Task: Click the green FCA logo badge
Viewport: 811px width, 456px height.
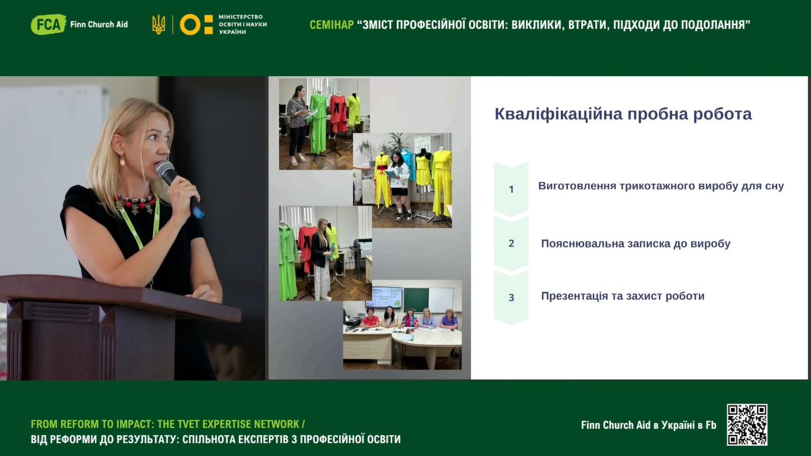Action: (x=48, y=24)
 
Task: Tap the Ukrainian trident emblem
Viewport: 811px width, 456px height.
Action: (x=159, y=24)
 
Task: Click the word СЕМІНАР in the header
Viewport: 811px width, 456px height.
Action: (x=332, y=25)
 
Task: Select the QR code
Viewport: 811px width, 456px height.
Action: (x=747, y=424)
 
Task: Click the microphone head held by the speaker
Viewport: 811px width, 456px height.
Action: (x=165, y=170)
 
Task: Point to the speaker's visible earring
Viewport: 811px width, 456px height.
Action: (x=122, y=159)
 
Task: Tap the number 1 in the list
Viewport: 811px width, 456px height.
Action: (x=511, y=190)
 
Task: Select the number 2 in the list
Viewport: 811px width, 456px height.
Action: (x=511, y=243)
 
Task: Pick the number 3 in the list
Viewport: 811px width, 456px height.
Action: (x=511, y=297)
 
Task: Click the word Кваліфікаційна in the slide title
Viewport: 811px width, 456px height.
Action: (x=558, y=114)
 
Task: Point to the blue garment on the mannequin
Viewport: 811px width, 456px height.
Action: (x=409, y=163)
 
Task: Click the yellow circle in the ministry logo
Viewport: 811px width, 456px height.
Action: (x=190, y=24)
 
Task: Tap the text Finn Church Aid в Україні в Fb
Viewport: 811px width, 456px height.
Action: (x=648, y=425)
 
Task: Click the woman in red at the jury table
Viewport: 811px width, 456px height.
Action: (x=370, y=318)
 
